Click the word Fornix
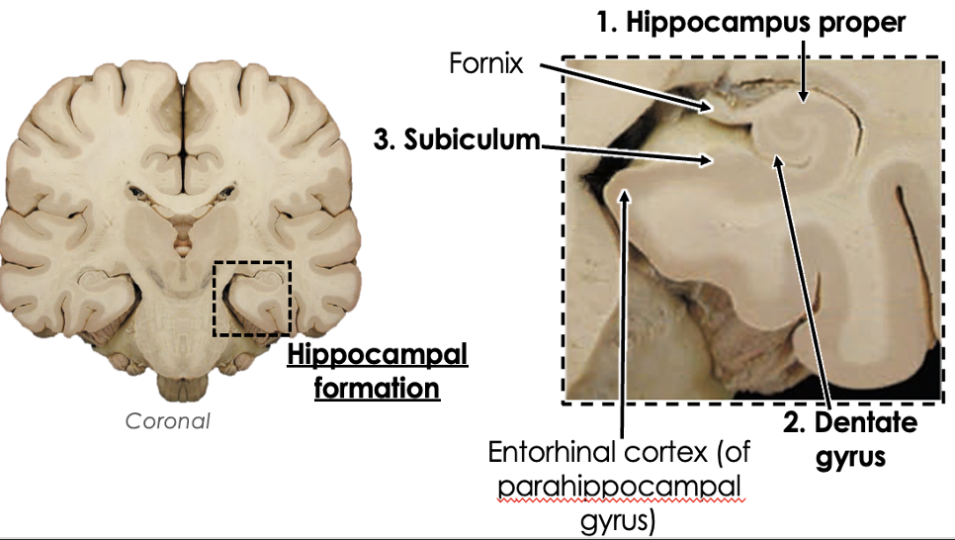[x=486, y=65]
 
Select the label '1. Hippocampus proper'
[x=750, y=22]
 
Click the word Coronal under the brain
[x=168, y=420]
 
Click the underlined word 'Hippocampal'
[x=377, y=354]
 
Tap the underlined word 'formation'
[x=377, y=387]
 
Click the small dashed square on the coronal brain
[x=252, y=298]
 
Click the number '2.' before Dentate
[x=797, y=424]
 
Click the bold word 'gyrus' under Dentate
[x=850, y=458]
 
